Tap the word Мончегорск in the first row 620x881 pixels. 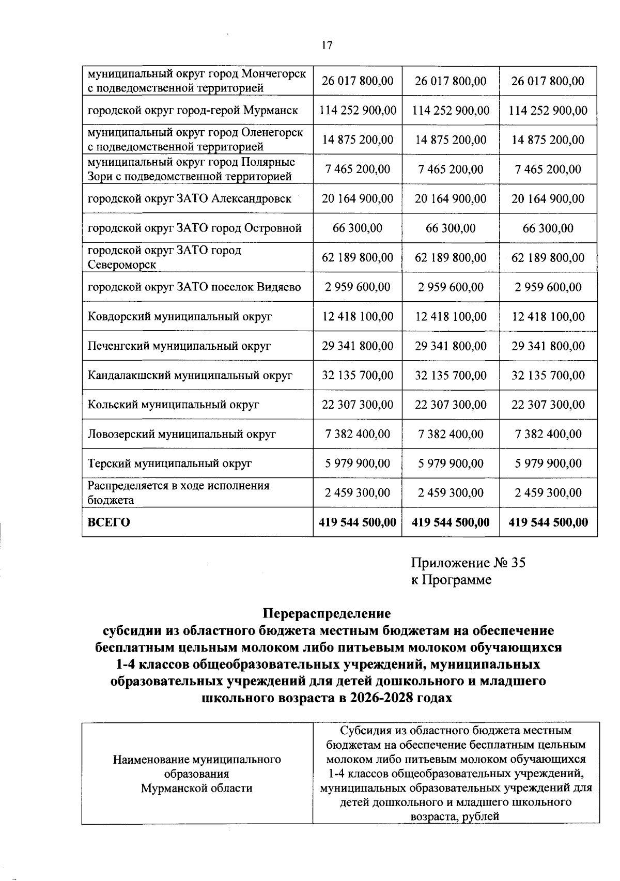[274, 73]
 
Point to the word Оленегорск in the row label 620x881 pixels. [272, 132]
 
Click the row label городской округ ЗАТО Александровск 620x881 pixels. [190, 199]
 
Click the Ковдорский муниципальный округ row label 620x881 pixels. [180, 317]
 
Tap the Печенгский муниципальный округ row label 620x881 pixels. [179, 346]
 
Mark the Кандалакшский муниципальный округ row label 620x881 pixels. [190, 376]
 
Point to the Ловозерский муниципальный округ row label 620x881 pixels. [182, 434]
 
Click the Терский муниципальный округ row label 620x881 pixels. [169, 463]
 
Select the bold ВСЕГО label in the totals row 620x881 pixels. [109, 522]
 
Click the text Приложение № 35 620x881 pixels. [468, 563]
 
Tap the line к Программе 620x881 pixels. [451, 580]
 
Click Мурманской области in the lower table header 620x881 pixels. [196, 788]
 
